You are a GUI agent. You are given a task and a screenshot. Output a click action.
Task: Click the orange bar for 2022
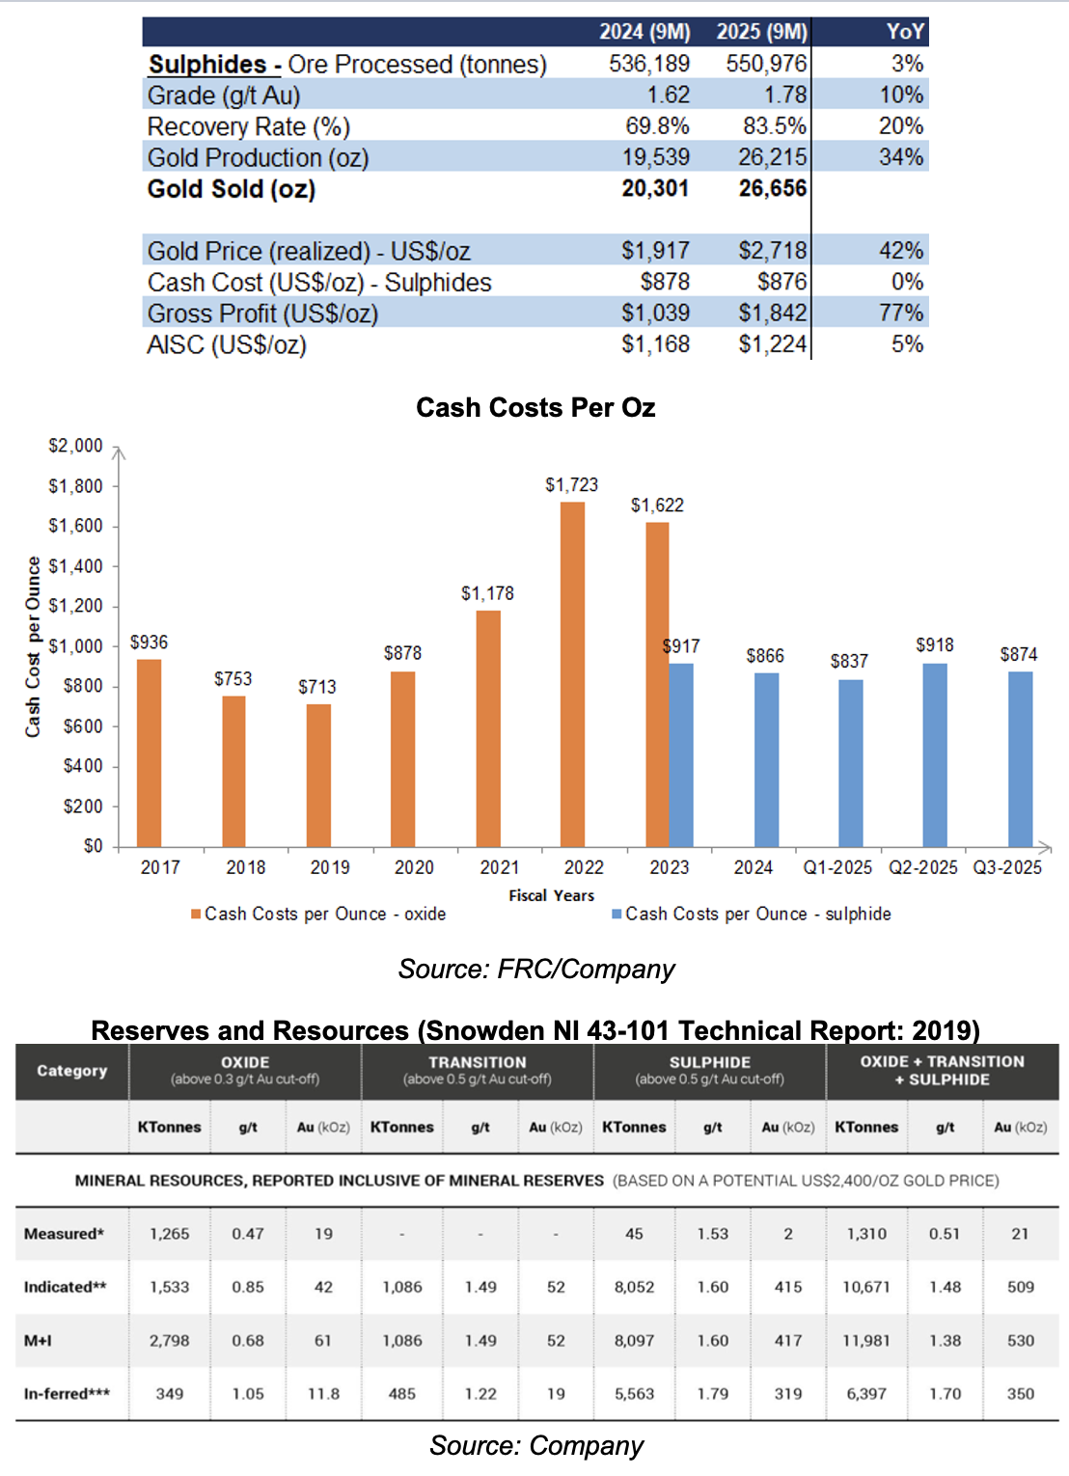tap(572, 674)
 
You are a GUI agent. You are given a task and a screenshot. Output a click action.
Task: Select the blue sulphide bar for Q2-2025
tap(935, 755)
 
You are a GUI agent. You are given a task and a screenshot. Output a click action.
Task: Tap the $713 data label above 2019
tap(317, 687)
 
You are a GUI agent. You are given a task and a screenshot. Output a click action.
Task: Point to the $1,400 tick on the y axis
tap(76, 566)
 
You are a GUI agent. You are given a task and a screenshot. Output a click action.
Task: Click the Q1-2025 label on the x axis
tap(837, 867)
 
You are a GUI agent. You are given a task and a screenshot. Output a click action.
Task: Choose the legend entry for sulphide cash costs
tap(752, 914)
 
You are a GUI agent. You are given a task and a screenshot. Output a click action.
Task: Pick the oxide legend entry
tap(318, 914)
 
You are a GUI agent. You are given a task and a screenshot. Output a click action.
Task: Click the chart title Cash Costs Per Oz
tap(535, 408)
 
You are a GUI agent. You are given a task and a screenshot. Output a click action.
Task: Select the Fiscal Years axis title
tap(551, 895)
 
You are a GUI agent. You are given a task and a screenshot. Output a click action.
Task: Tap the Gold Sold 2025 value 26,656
tap(773, 188)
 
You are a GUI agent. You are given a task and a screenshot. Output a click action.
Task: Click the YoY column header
tap(906, 32)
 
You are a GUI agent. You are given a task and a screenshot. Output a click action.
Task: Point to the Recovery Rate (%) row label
tap(249, 126)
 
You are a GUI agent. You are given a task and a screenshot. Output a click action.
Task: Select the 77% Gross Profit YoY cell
tap(901, 313)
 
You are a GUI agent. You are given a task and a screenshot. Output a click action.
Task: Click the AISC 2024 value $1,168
tap(656, 344)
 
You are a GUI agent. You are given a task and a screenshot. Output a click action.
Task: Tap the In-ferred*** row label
tap(67, 1394)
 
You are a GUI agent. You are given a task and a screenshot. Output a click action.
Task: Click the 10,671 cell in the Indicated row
tap(866, 1287)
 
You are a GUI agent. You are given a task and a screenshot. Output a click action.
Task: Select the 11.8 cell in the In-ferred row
tap(323, 1394)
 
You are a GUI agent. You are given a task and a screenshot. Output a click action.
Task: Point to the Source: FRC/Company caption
tap(536, 969)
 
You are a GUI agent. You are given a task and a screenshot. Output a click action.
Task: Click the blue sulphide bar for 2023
tap(681, 755)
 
